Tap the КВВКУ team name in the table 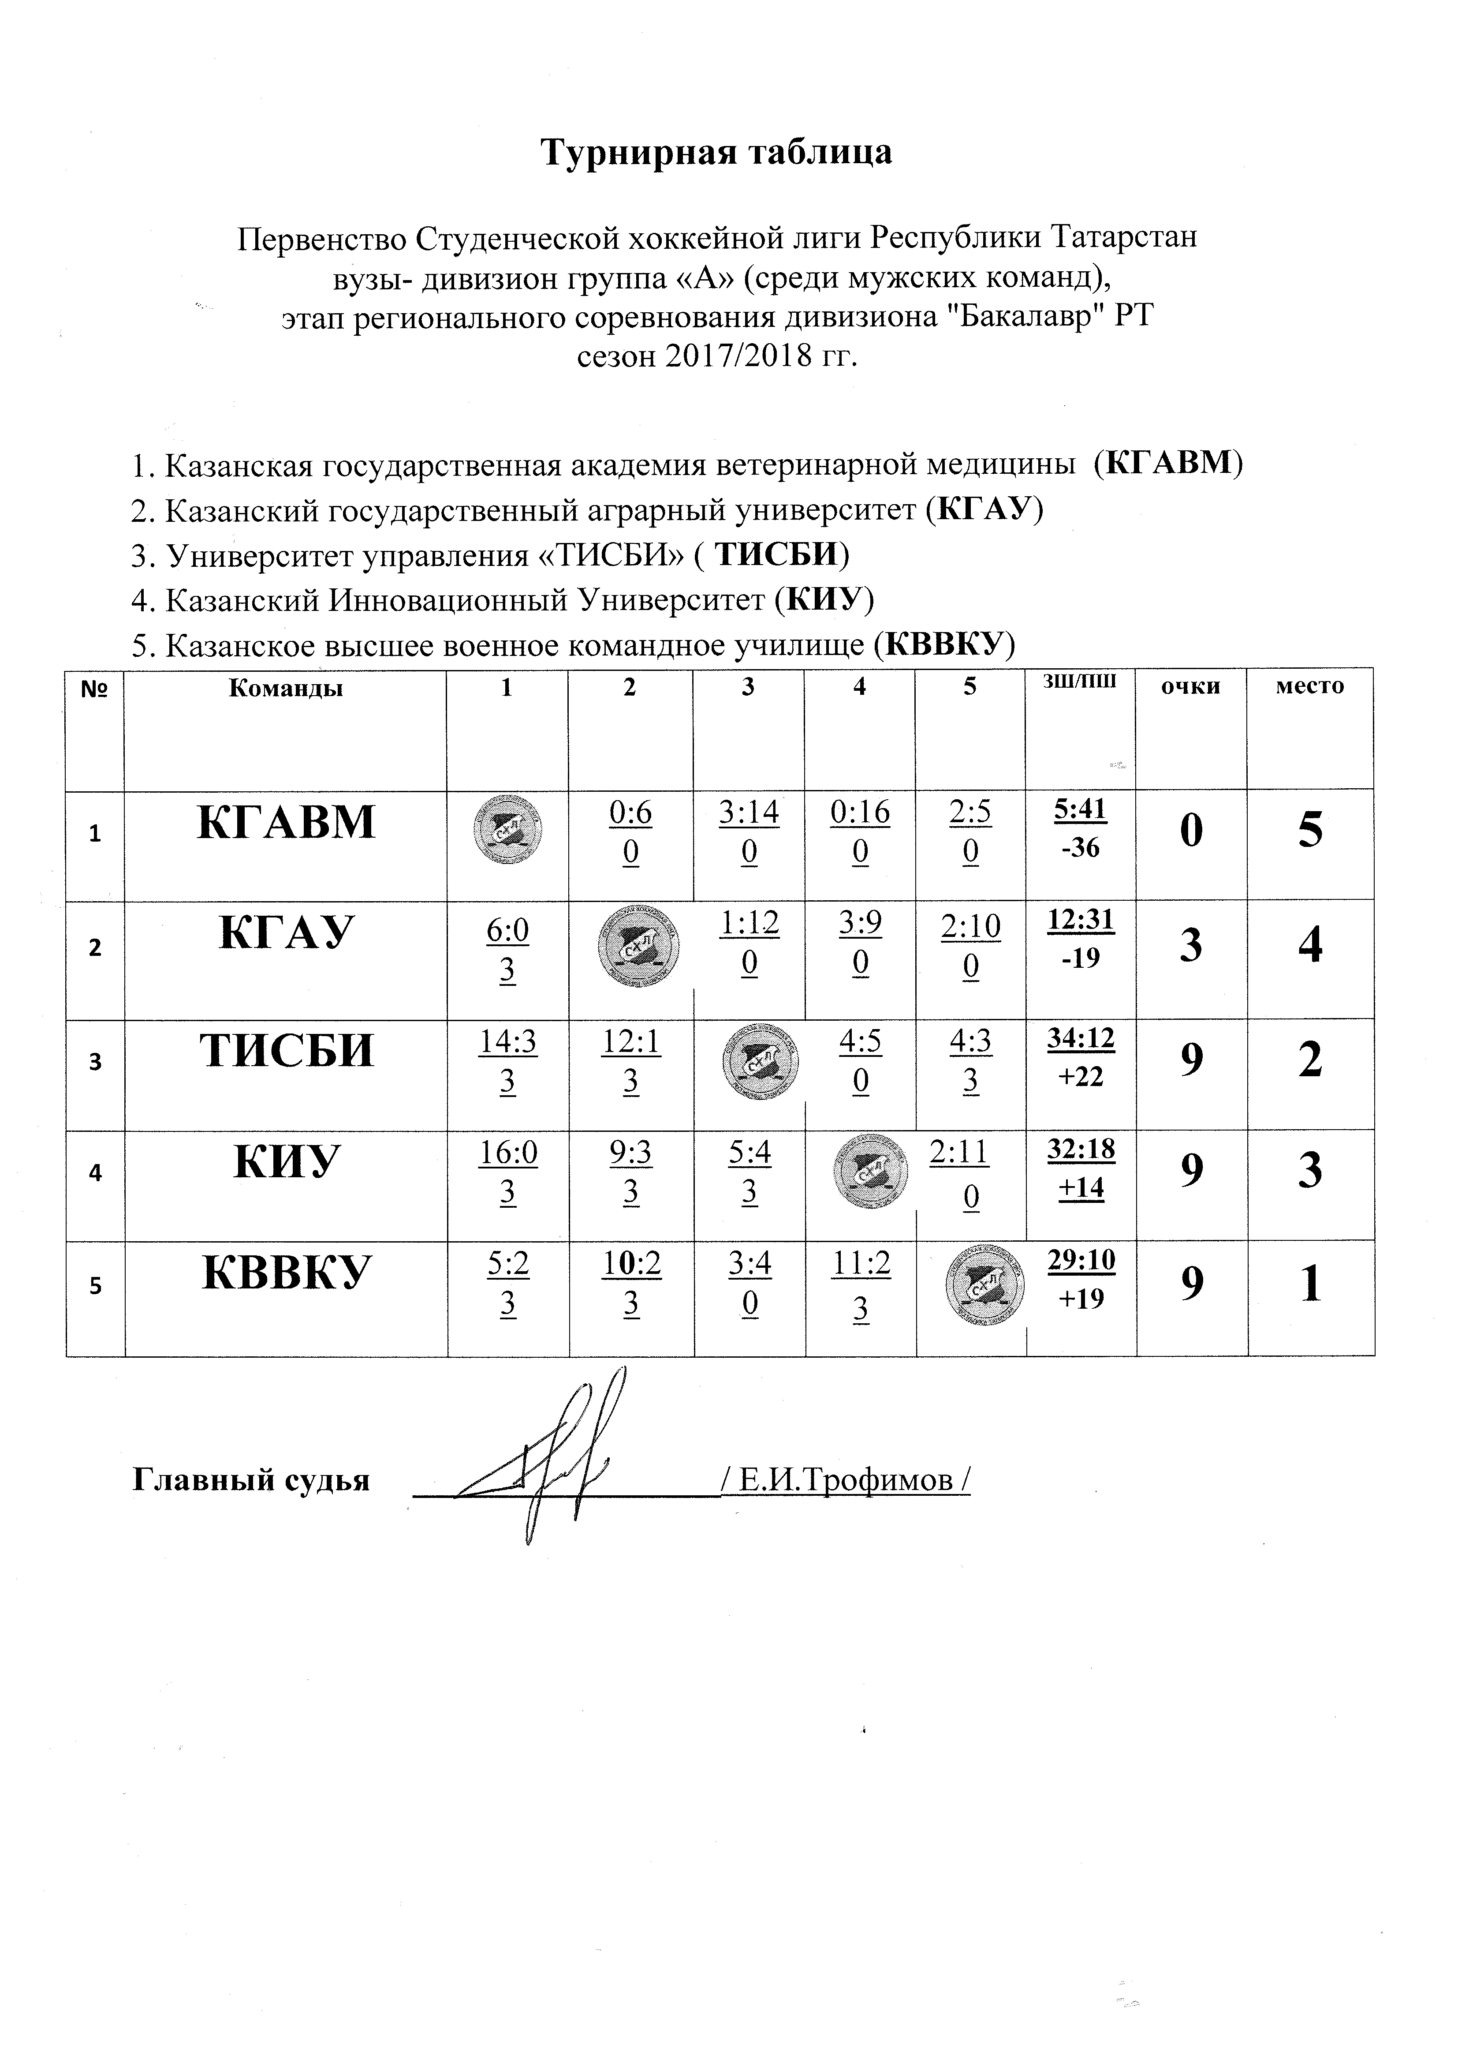(x=286, y=1273)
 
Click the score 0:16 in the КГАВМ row (x=860, y=813)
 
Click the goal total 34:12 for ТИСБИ (x=1081, y=1040)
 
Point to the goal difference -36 (x=1081, y=847)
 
